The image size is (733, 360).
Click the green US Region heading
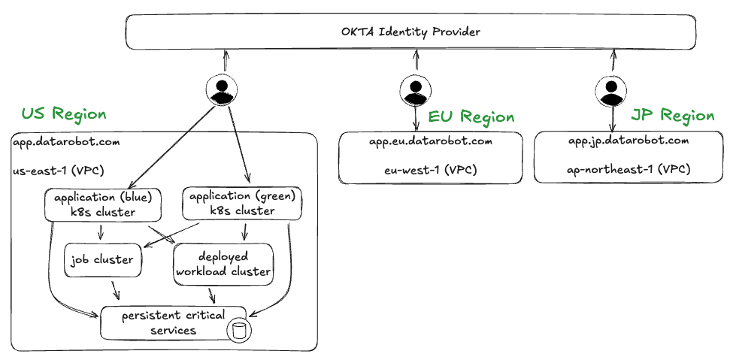click(64, 114)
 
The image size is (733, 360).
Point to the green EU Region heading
click(471, 117)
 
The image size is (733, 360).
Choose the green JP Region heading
click(672, 116)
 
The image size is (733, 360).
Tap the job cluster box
click(102, 260)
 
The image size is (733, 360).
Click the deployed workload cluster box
click(223, 264)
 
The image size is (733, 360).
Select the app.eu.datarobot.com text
click(430, 141)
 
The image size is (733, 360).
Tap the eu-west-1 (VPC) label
click(430, 170)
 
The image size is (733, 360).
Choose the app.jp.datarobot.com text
click(628, 141)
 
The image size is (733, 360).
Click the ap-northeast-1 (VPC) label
click(628, 170)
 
